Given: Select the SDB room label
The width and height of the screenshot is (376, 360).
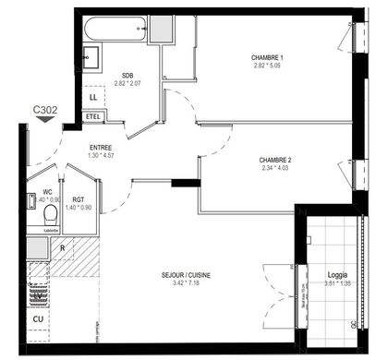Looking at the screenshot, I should pos(128,77).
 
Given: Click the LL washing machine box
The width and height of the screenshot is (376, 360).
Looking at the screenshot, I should pos(93,96).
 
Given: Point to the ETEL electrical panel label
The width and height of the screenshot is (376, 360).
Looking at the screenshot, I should pos(93,116).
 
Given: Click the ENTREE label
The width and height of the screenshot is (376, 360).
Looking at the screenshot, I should pos(102,148).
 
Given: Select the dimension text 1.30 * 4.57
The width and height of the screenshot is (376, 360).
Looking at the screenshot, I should pos(102,155).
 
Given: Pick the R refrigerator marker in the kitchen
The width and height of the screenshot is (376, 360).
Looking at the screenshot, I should pos(61,248).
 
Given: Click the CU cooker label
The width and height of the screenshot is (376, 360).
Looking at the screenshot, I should pos(39,319).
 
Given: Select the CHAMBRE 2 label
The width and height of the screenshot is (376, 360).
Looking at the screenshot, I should pos(276,160).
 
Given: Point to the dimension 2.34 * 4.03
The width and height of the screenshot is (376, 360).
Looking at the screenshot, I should pos(276,168).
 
